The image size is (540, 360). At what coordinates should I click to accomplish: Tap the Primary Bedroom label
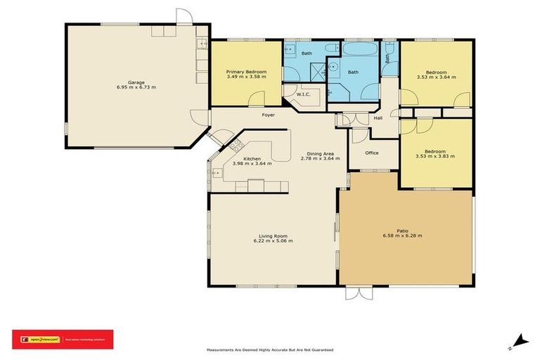click(245, 72)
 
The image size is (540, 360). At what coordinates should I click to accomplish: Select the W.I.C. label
click(304, 94)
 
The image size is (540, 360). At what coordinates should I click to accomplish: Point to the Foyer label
click(269, 115)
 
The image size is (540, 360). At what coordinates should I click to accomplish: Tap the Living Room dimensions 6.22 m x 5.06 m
click(274, 240)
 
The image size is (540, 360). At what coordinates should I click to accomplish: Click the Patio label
click(402, 230)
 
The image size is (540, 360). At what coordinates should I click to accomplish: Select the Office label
click(371, 153)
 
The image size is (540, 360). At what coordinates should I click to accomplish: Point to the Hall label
click(378, 117)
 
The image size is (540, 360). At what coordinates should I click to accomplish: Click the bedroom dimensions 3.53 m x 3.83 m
click(435, 156)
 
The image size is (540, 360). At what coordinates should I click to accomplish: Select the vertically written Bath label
click(387, 60)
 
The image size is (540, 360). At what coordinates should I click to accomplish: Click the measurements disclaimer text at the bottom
click(269, 349)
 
